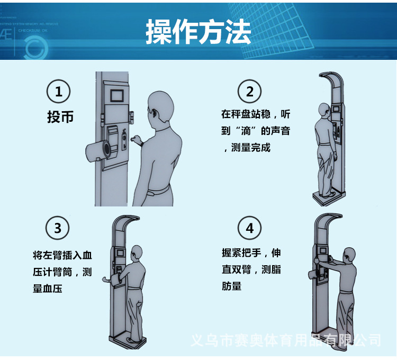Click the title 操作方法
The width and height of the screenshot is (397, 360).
(x=198, y=32)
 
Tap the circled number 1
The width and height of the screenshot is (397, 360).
(x=58, y=92)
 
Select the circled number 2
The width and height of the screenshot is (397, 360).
(x=250, y=92)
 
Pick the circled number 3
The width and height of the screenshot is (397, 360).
(x=58, y=228)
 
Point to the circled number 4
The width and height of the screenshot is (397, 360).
(x=250, y=228)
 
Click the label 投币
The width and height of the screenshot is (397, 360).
(x=60, y=117)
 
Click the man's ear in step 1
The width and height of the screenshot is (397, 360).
(x=154, y=112)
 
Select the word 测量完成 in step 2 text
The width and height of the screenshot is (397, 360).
(x=251, y=147)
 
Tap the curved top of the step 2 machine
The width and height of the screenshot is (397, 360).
(x=332, y=77)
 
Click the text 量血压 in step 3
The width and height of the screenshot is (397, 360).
(x=47, y=289)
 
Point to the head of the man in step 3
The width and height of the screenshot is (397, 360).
(x=137, y=252)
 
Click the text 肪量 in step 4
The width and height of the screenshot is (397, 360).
(x=231, y=286)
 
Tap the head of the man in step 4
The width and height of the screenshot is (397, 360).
(x=349, y=255)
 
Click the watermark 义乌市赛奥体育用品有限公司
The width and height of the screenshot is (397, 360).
(x=286, y=340)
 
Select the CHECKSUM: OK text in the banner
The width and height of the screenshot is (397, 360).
(x=33, y=30)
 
